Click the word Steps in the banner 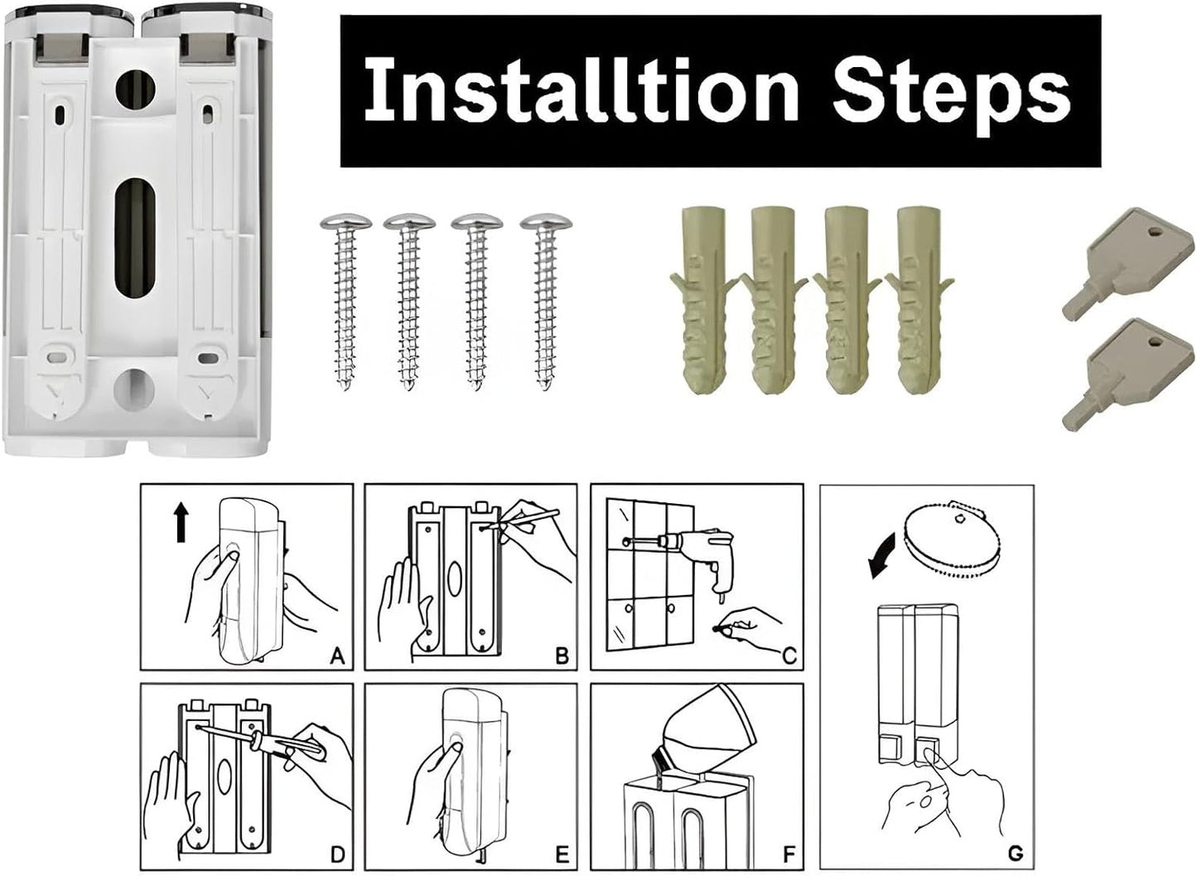[952, 94]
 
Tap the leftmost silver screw [345, 302]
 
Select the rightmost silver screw [546, 302]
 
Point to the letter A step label [337, 656]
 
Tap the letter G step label [1016, 853]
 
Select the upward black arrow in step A [181, 524]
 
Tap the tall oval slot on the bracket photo [134, 239]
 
